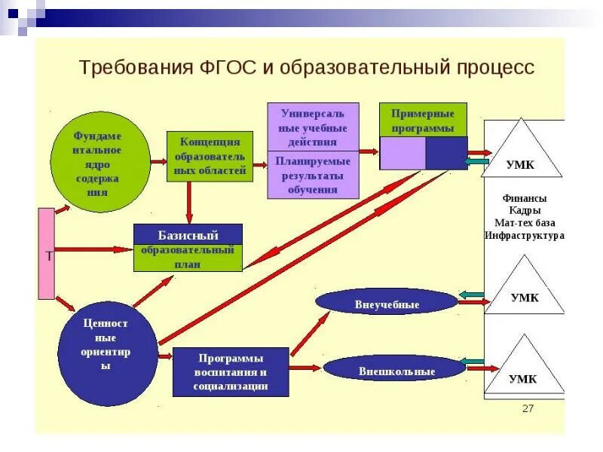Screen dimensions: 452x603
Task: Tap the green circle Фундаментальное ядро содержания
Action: tap(101, 162)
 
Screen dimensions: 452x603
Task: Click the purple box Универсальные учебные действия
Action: tap(313, 127)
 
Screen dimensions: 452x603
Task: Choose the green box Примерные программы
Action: tap(423, 120)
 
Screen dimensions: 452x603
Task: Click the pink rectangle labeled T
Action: tap(47, 254)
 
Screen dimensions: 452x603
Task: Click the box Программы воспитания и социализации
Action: tap(231, 371)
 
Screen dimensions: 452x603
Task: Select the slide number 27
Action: tap(528, 408)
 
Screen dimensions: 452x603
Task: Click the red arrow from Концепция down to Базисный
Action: tap(188, 202)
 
